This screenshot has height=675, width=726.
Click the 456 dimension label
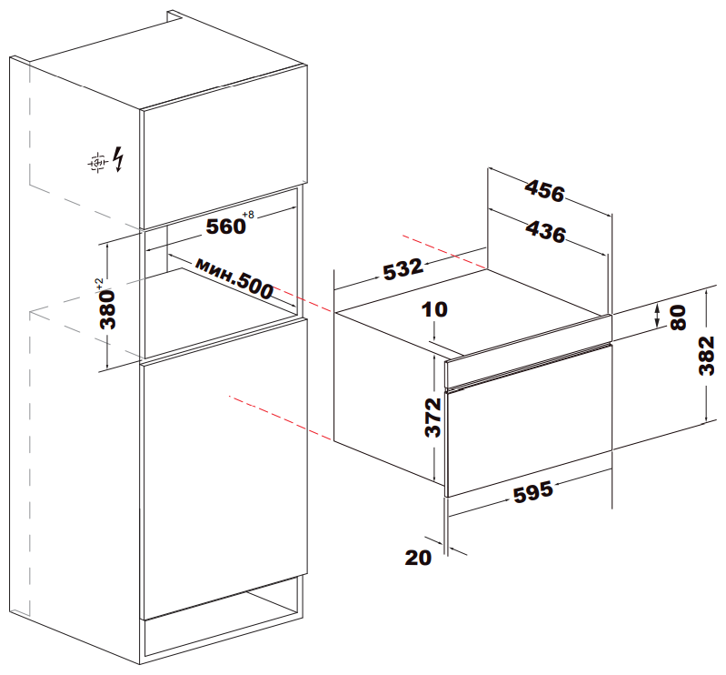[545, 191]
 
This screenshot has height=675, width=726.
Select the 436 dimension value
[546, 231]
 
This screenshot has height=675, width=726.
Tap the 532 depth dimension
[403, 269]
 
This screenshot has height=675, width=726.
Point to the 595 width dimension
[533, 492]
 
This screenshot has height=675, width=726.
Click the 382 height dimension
[707, 356]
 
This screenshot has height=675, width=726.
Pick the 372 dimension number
[433, 418]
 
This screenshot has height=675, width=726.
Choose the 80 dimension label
[679, 317]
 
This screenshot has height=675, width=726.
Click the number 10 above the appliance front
[434, 309]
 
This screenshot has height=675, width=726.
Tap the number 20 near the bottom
[418, 558]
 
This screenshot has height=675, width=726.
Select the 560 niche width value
[225, 227]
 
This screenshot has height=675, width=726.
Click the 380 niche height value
[108, 309]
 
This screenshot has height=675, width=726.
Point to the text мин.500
[234, 278]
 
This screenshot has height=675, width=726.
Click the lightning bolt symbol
[119, 159]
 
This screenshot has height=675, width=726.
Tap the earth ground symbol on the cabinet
[98, 162]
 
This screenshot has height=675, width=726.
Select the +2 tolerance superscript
[99, 284]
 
